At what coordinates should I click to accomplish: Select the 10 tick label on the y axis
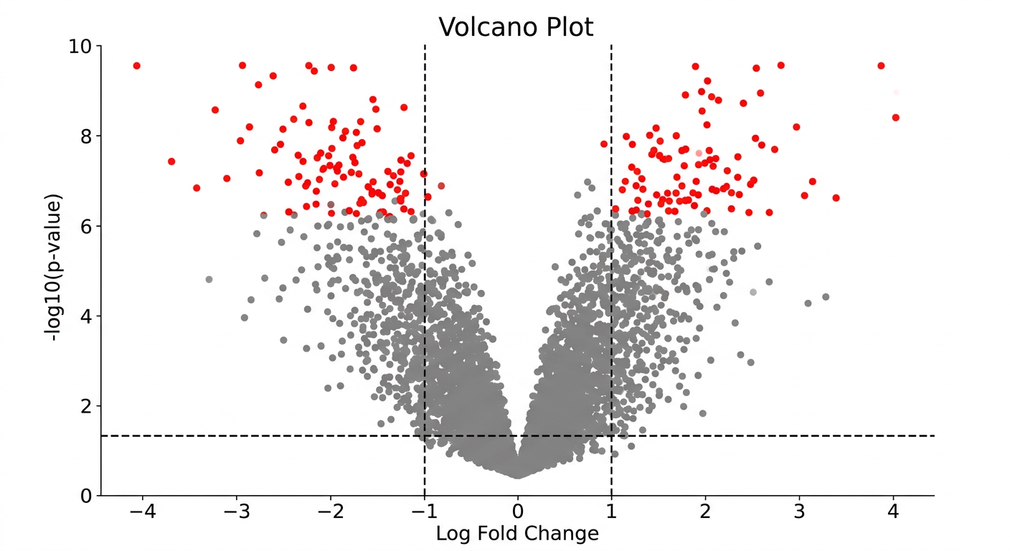(80, 47)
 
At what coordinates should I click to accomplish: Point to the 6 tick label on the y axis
(86, 227)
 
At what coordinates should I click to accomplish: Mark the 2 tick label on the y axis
(86, 407)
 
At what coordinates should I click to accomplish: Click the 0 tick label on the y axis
(86, 496)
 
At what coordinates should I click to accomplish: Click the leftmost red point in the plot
(136, 66)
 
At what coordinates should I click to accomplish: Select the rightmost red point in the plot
(895, 118)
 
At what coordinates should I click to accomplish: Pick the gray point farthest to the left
(209, 279)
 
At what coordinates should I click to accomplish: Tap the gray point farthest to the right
(826, 297)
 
